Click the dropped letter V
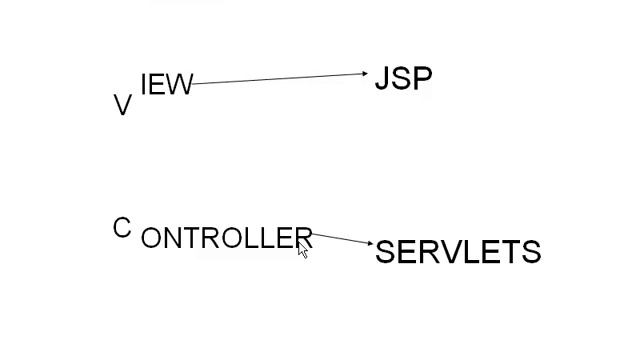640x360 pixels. pyautogui.click(x=123, y=106)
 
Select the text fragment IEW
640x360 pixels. pyautogui.click(x=166, y=85)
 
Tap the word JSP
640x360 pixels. pyautogui.click(x=403, y=79)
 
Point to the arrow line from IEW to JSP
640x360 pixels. pyautogui.click(x=280, y=78)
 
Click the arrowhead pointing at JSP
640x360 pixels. pyautogui.click(x=365, y=73)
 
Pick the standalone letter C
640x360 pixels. pyautogui.click(x=122, y=229)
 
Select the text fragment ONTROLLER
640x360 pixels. pyautogui.click(x=227, y=238)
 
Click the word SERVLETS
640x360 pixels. pyautogui.click(x=458, y=252)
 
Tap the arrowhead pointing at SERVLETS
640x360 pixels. pyautogui.click(x=370, y=243)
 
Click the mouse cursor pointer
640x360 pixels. pyautogui.click(x=302, y=250)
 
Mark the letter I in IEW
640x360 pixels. pyautogui.click(x=145, y=85)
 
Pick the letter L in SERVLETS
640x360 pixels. pyautogui.click(x=467, y=252)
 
